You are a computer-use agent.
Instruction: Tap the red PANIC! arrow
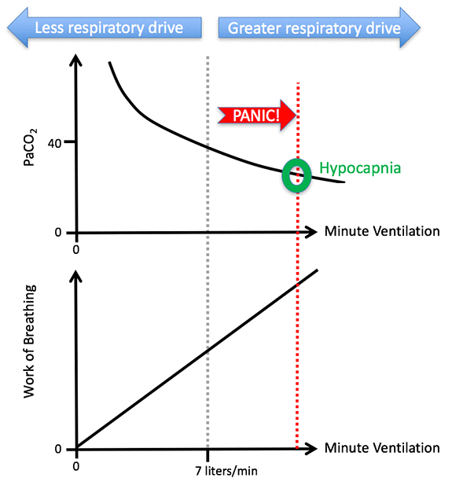point(256,116)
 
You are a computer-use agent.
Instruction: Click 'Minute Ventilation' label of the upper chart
point(381,231)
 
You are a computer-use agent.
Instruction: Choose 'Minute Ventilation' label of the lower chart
point(381,448)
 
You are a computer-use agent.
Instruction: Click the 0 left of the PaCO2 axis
point(57,233)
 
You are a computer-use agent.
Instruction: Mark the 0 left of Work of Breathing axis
point(57,449)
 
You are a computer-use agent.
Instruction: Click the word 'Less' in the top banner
point(50,28)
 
